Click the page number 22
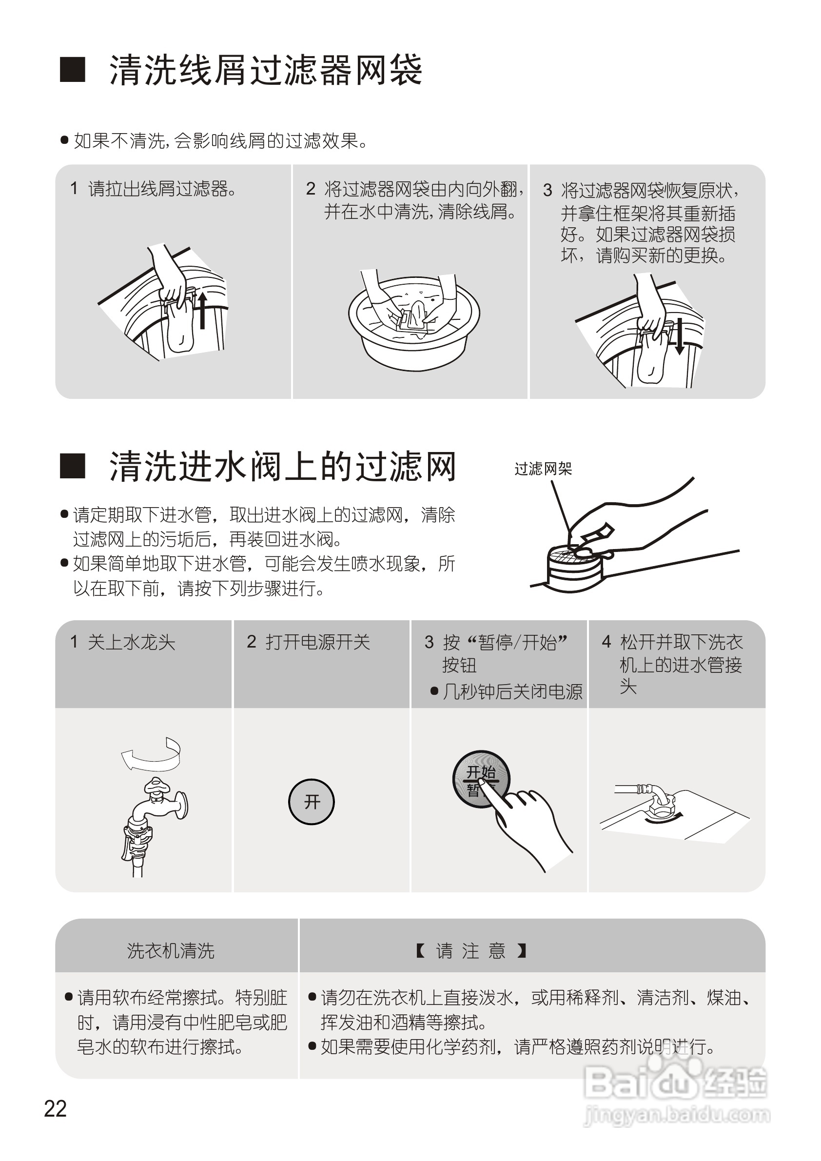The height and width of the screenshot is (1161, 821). click(55, 1109)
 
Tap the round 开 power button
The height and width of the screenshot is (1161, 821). click(312, 802)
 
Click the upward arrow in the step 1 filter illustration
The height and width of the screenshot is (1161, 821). click(202, 310)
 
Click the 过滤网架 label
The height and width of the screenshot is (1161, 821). click(543, 469)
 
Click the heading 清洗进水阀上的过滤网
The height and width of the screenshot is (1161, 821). click(283, 466)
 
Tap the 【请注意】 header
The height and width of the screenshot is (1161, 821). click(471, 951)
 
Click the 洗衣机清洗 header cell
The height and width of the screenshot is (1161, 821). click(171, 951)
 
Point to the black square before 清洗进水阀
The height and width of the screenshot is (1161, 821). click(72, 466)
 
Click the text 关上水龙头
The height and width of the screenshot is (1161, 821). click(131, 642)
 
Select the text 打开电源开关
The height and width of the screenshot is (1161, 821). click(317, 642)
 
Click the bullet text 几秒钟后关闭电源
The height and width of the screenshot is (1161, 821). click(512, 692)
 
